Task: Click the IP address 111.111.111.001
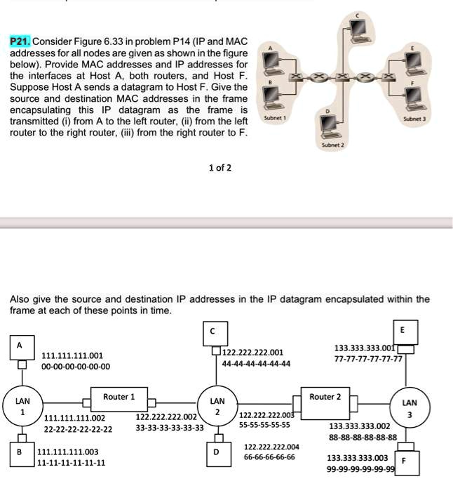pyautogui.click(x=72, y=355)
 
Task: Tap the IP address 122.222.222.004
pyautogui.click(x=271, y=447)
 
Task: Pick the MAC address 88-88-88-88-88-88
pyautogui.click(x=363, y=437)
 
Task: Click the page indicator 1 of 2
pyautogui.click(x=219, y=169)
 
